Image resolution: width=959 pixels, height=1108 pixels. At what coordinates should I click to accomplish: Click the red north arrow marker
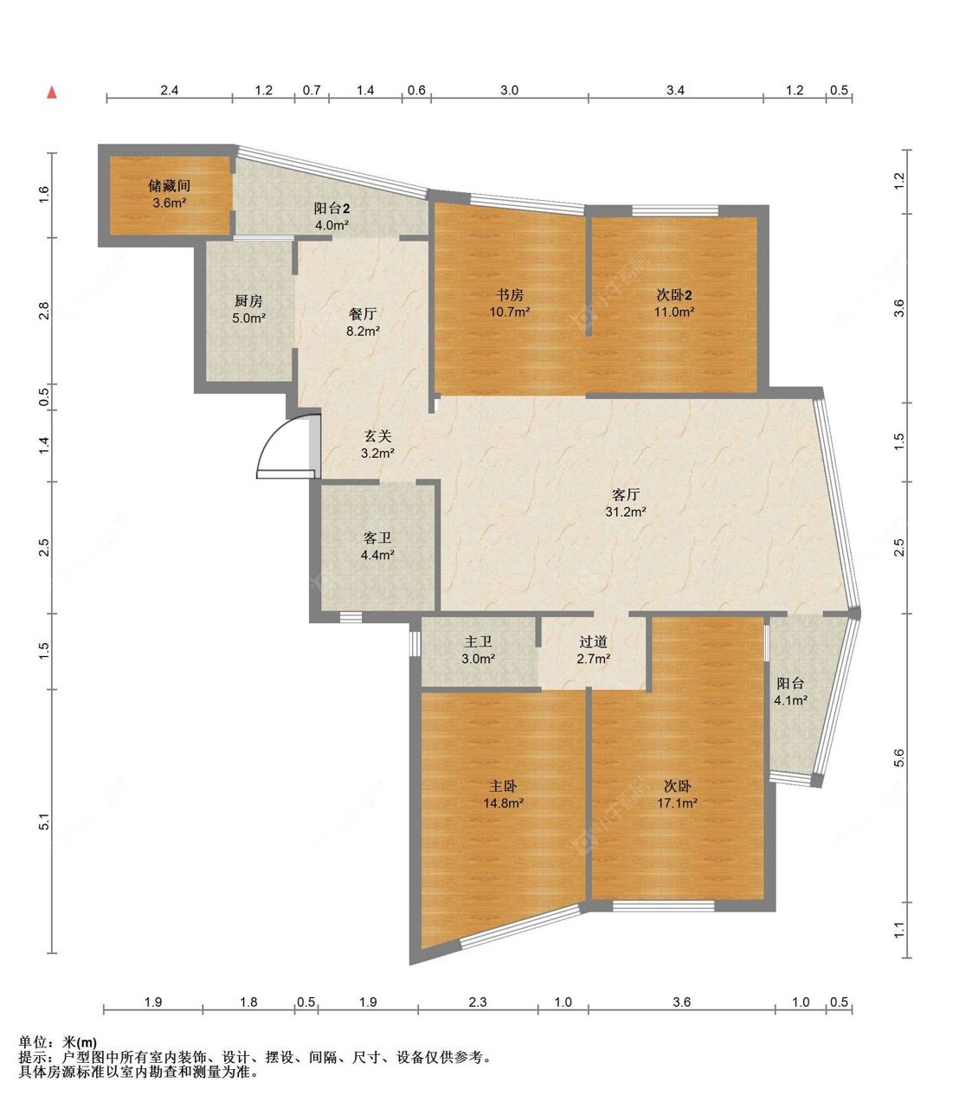52,93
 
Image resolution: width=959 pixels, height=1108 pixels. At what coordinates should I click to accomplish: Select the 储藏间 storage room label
170,186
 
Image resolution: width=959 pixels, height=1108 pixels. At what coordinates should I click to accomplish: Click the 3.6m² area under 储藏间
170,203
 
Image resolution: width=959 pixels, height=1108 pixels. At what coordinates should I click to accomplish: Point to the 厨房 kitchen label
248,300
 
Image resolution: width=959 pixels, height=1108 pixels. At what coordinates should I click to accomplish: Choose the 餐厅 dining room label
363,313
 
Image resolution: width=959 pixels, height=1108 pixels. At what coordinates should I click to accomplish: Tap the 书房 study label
509,294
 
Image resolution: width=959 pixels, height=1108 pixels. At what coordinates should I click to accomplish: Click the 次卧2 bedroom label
674,294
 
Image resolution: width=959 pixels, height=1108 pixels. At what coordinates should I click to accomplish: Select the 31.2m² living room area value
626,512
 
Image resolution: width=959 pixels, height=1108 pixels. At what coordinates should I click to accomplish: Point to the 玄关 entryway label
378,435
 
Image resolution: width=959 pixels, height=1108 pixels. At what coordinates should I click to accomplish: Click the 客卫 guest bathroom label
377,537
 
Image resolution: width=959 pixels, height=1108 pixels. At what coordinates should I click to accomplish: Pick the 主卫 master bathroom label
478,641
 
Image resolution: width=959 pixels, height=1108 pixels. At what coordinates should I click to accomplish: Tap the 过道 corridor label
594,641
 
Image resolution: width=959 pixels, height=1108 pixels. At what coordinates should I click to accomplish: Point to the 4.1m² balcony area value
791,700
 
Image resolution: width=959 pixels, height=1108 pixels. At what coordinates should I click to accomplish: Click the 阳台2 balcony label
331,208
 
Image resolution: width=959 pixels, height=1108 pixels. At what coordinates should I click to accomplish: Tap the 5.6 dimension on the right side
899,757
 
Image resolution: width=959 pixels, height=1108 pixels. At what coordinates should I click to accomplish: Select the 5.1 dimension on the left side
44,821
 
